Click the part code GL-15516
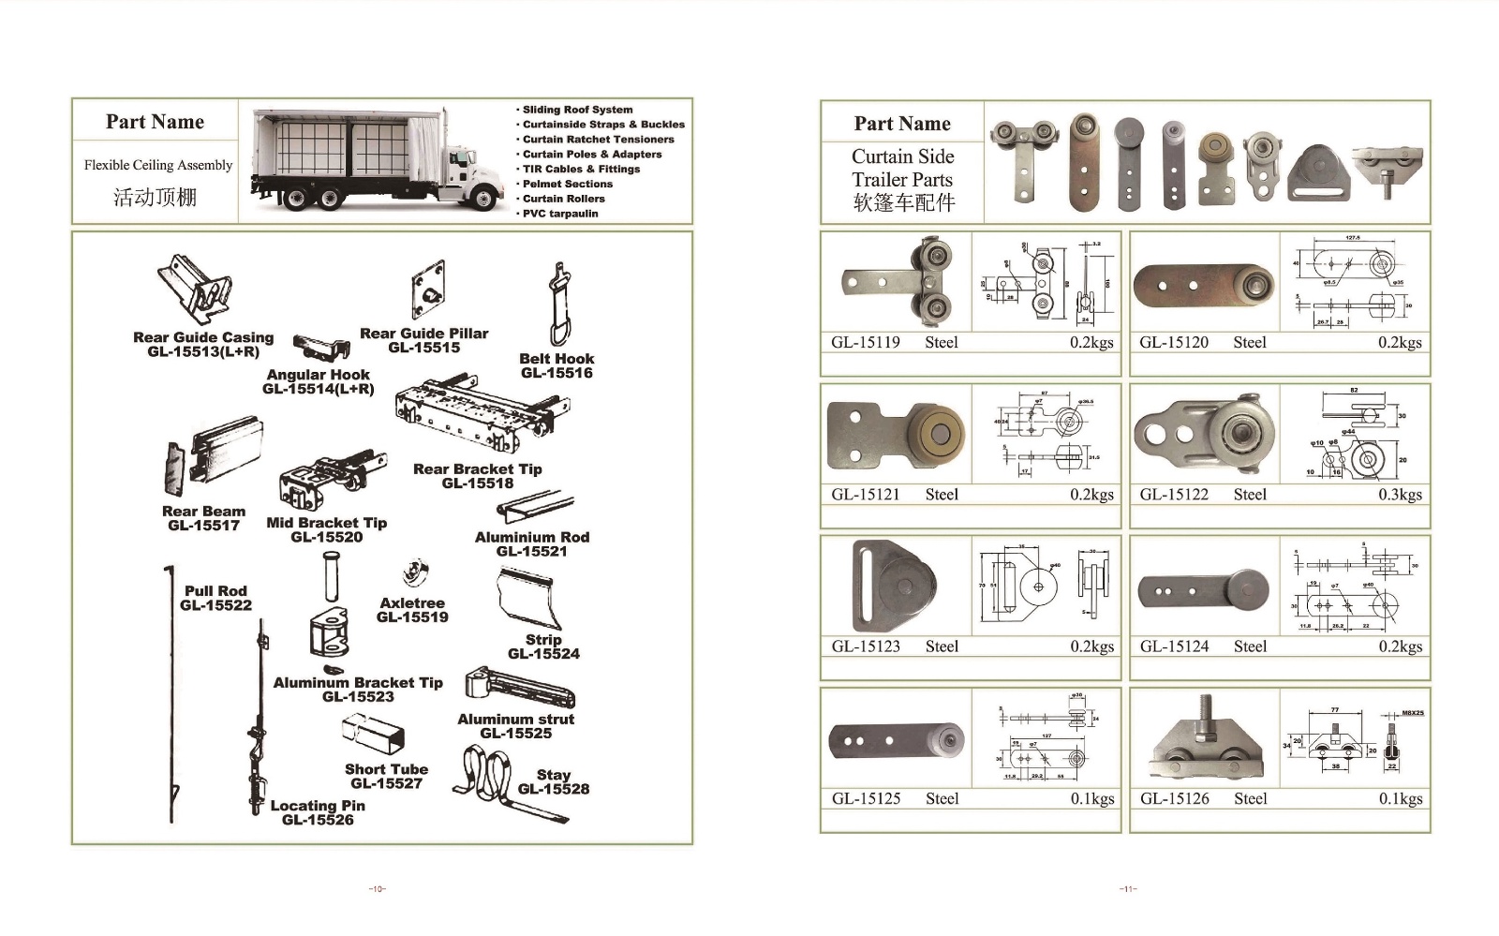tap(557, 373)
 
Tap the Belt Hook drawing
tap(558, 305)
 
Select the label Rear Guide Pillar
tap(423, 334)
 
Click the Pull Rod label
tap(215, 591)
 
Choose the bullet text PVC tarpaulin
tap(559, 214)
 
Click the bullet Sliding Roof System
tap(577, 110)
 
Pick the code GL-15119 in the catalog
tap(865, 343)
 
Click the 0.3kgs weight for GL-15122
tap(1400, 495)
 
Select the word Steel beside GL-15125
tap(942, 799)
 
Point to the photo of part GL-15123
tap(895, 587)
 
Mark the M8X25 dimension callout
tap(1412, 713)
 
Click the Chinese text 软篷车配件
tap(903, 202)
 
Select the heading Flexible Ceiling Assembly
tap(157, 166)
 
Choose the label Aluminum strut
tap(515, 720)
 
